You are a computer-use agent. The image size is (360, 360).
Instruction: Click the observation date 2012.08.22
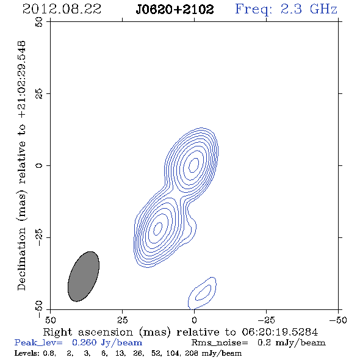click(x=62, y=9)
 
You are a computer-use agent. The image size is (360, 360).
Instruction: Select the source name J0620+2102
click(x=175, y=10)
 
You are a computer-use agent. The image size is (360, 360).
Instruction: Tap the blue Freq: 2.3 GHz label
click(x=286, y=10)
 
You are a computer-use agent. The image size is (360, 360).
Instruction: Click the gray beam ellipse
click(x=84, y=276)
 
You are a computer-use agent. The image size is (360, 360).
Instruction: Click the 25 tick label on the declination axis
click(x=39, y=94)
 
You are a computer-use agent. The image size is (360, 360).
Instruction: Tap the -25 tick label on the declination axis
click(x=39, y=237)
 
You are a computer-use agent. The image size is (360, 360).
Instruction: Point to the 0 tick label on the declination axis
click(x=39, y=165)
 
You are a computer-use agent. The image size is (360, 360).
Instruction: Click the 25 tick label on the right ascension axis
click(x=122, y=320)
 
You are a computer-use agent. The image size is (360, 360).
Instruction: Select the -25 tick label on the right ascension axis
click(x=266, y=320)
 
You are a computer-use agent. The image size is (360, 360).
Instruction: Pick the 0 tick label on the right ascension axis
click(x=194, y=320)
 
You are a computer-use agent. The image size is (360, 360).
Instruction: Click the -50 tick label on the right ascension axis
click(x=338, y=320)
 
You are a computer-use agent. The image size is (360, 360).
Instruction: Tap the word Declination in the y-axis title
click(x=21, y=259)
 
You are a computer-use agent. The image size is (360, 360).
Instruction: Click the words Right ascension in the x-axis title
click(x=88, y=332)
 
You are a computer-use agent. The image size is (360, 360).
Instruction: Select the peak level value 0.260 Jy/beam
click(x=107, y=343)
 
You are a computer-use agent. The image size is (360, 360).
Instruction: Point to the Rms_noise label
click(x=220, y=343)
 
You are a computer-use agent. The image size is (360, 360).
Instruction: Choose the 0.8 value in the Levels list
click(x=49, y=353)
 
